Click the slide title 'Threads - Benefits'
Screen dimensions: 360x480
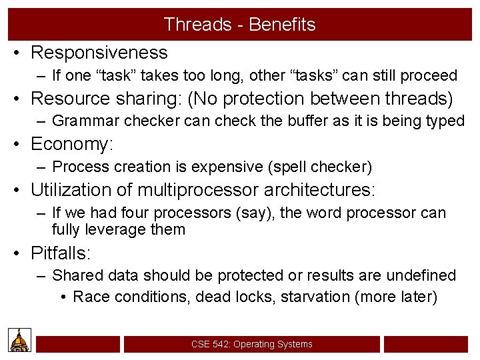click(239, 25)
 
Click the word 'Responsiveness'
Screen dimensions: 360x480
click(99, 52)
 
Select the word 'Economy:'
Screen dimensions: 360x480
click(73, 144)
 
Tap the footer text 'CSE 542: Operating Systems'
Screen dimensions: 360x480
click(251, 344)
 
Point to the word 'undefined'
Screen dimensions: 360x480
click(423, 275)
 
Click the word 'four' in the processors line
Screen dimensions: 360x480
click(137, 213)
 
